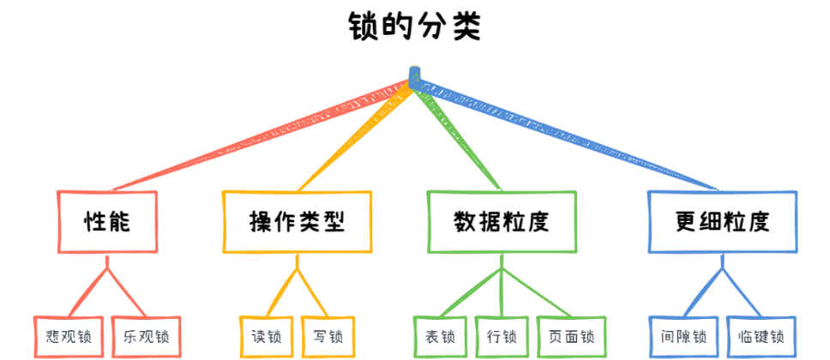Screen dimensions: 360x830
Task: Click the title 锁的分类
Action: tap(415, 26)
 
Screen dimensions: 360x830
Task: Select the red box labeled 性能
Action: tap(108, 222)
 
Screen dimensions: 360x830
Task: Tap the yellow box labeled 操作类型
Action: tap(297, 222)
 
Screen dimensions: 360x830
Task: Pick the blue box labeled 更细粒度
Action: tap(721, 222)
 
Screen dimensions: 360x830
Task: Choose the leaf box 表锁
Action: tap(439, 335)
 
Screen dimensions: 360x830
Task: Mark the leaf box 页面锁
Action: tap(571, 335)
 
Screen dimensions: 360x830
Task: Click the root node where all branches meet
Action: tap(415, 78)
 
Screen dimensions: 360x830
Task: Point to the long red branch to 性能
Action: tap(257, 135)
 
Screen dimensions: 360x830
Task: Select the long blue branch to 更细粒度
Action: tap(574, 135)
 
